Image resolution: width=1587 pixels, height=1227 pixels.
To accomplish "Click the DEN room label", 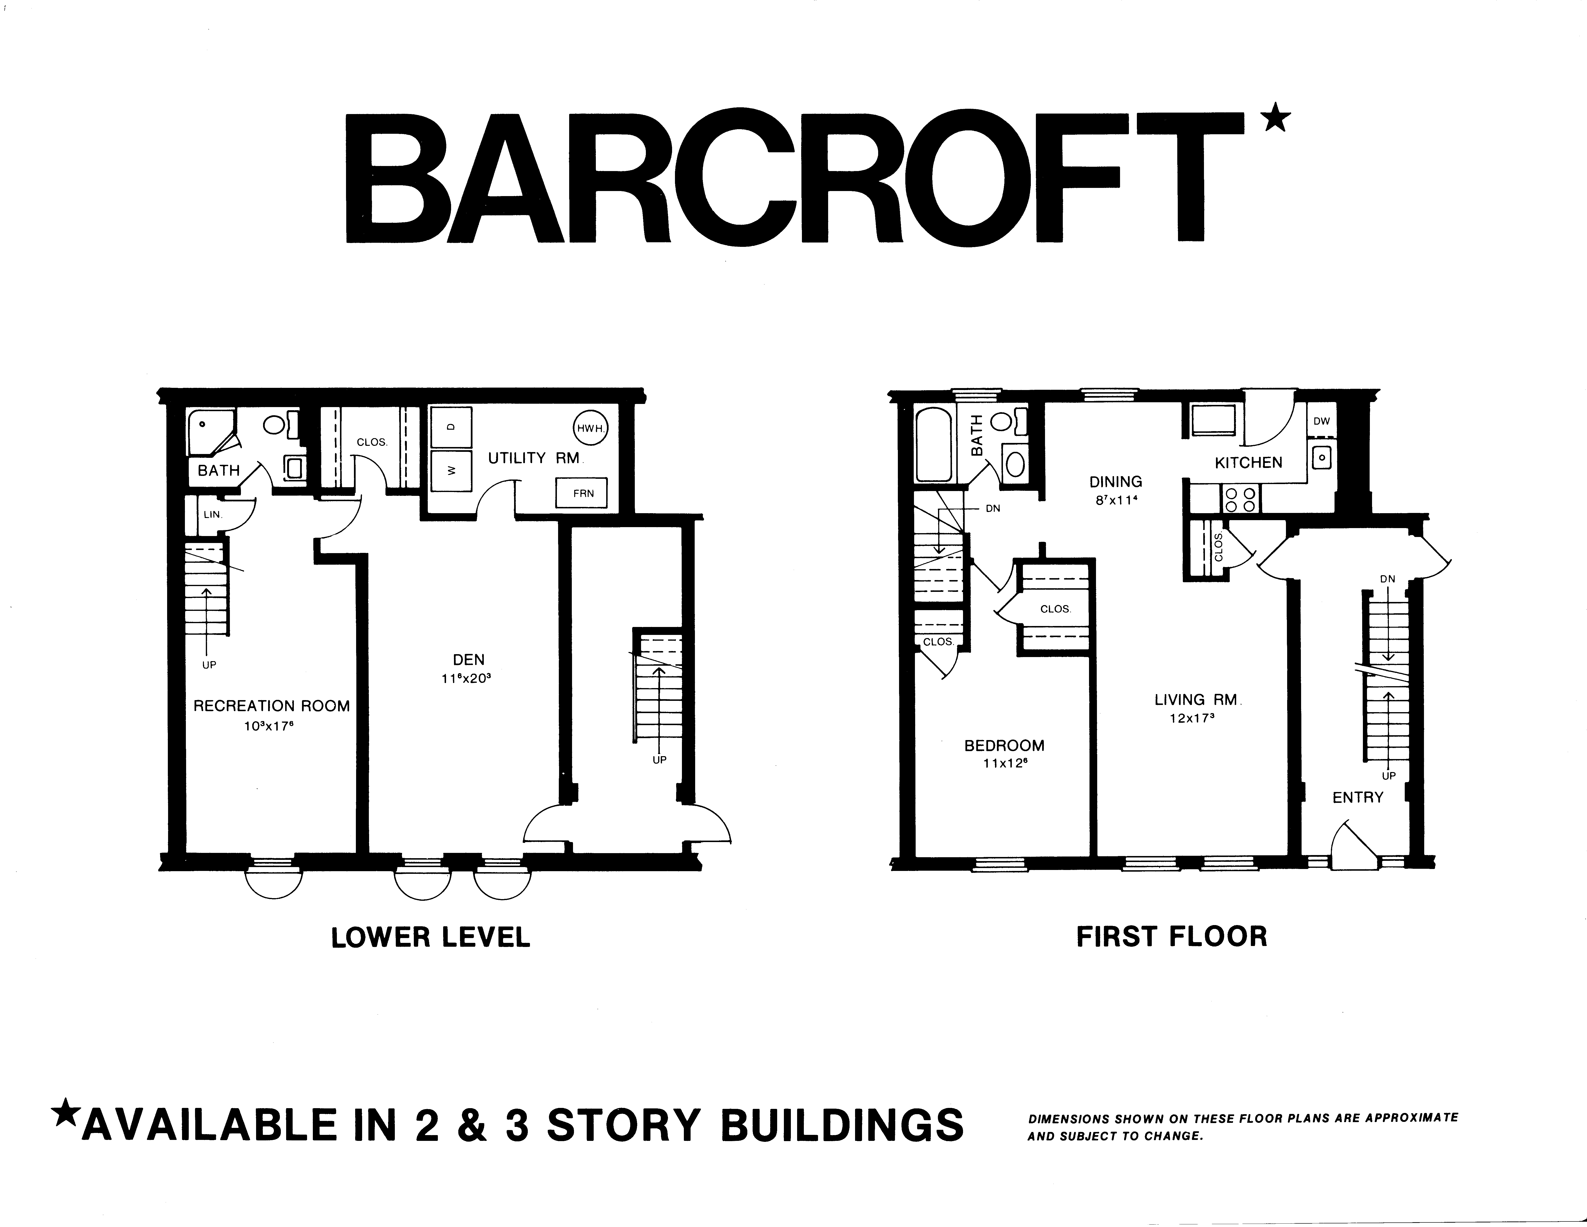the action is [469, 659].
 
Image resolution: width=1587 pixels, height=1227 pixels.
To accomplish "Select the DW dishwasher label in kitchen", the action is [1321, 421].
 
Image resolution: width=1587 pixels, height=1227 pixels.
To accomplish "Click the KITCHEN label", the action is [1248, 462].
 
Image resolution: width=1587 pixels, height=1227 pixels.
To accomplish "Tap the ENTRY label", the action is [1357, 797].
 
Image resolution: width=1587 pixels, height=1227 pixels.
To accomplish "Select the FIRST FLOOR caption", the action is [1171, 936].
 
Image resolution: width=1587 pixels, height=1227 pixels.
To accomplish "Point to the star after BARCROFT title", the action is [1277, 118].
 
